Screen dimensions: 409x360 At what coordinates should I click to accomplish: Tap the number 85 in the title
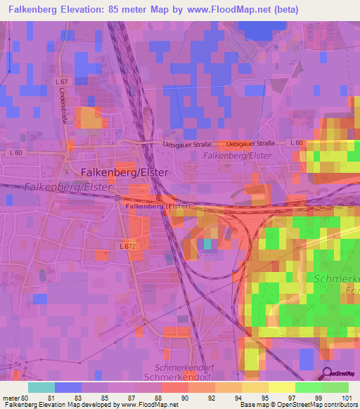(x=137, y=10)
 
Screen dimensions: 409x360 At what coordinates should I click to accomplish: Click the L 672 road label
(x=127, y=246)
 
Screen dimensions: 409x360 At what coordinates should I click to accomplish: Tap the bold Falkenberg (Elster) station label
(x=159, y=207)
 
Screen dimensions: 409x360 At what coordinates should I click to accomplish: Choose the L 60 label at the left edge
(x=17, y=152)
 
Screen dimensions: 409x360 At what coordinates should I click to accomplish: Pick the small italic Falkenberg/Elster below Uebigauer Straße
(x=236, y=155)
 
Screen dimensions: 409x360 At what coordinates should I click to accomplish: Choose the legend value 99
(x=318, y=398)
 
